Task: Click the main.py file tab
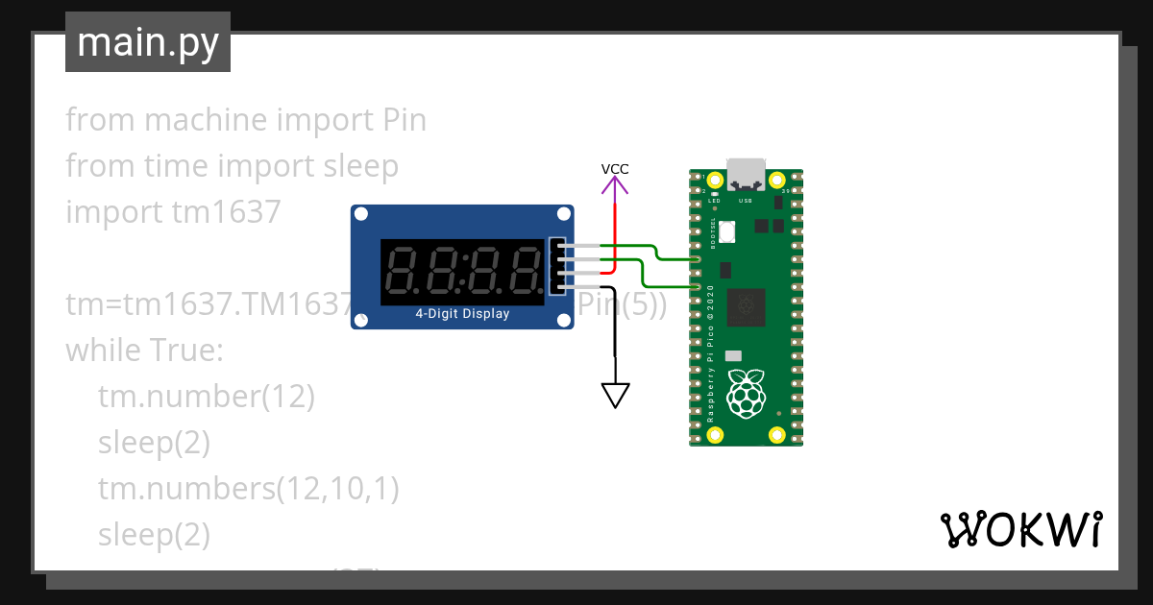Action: pyautogui.click(x=147, y=43)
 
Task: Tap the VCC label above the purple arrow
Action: pyautogui.click(x=615, y=169)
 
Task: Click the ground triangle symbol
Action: pyautogui.click(x=615, y=395)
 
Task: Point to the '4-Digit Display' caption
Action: pyautogui.click(x=462, y=314)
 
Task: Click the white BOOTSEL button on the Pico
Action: pyautogui.click(x=727, y=231)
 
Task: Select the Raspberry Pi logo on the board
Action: pyautogui.click(x=746, y=395)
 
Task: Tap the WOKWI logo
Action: pyautogui.click(x=1020, y=530)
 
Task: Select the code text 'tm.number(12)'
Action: pyautogui.click(x=206, y=396)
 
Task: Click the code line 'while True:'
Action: pyautogui.click(x=144, y=350)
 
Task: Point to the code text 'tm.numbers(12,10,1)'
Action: pyautogui.click(x=248, y=488)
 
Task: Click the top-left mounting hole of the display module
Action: pyautogui.click(x=361, y=215)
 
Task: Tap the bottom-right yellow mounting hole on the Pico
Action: pyautogui.click(x=777, y=434)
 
